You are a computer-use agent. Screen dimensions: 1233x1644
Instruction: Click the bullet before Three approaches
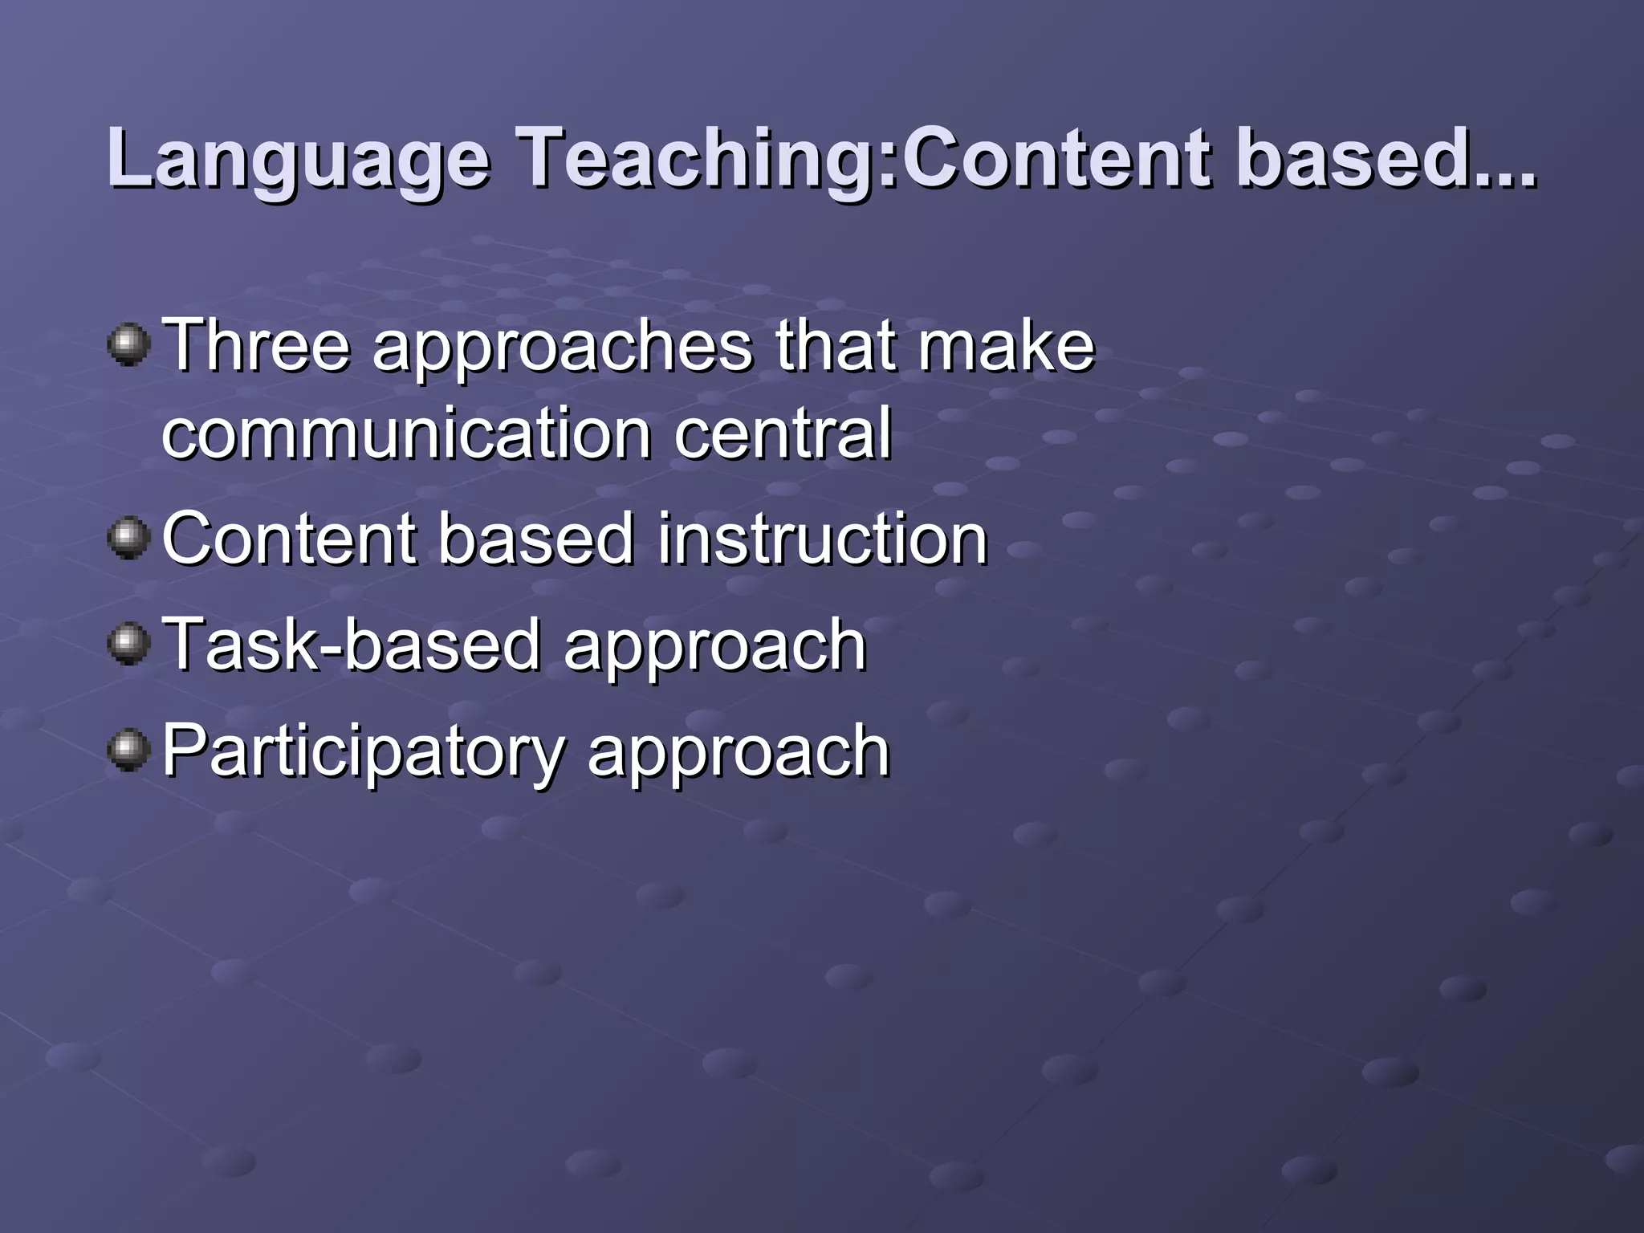point(128,345)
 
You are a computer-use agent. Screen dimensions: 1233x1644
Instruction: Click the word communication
point(406,433)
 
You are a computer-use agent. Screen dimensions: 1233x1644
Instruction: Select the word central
point(783,433)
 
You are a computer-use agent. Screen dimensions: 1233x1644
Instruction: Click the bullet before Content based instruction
point(128,538)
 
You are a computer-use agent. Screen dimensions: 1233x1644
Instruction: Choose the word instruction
point(823,539)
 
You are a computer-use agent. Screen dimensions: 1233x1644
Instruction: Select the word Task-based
point(352,645)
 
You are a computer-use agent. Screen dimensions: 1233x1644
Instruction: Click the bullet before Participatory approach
point(128,750)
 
